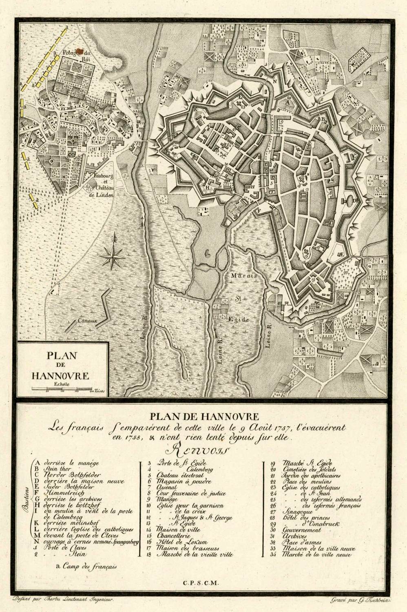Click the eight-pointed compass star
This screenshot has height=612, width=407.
pyautogui.click(x=114, y=257)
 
